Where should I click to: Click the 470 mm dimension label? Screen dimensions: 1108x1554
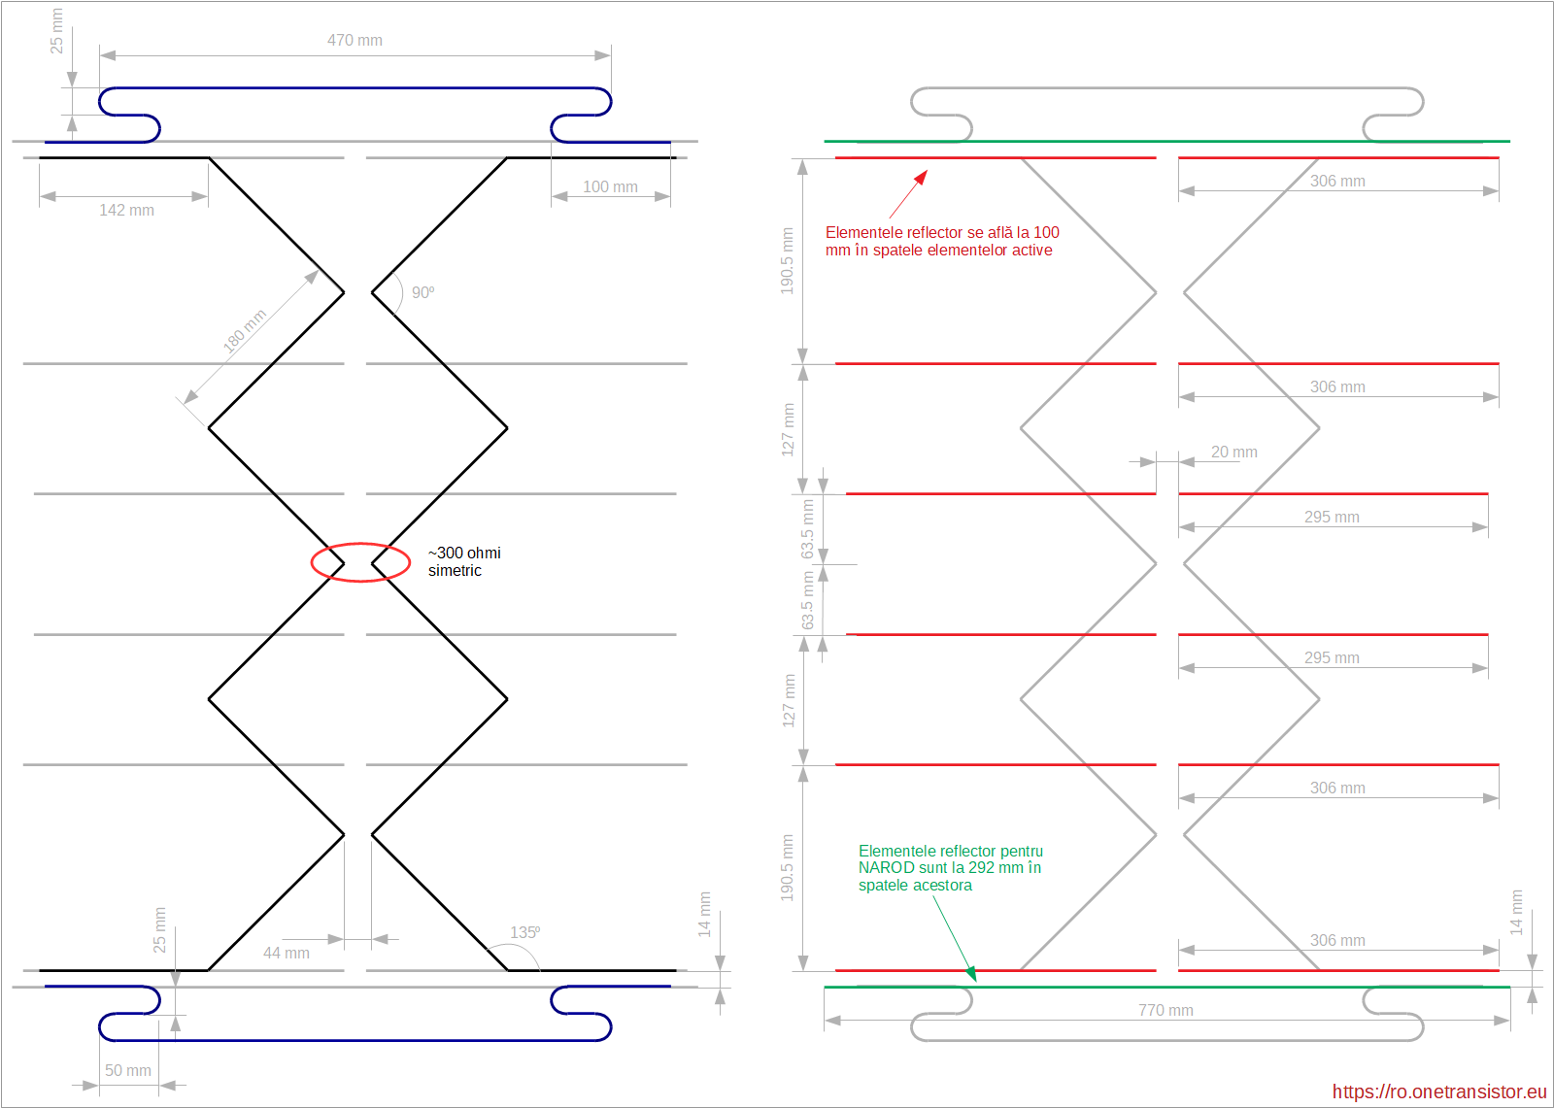355,40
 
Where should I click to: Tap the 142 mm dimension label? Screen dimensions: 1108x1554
126,210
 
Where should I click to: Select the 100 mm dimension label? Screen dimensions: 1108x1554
610,186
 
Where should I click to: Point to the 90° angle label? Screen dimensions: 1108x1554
422,292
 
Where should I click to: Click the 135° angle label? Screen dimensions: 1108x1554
524,932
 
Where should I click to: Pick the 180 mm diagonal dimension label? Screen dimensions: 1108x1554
245,330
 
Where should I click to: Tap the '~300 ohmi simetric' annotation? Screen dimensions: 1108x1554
464,561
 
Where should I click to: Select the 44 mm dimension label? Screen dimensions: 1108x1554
286,953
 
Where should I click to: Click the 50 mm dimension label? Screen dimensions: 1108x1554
128,1070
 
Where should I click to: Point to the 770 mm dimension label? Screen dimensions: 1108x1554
1165,1010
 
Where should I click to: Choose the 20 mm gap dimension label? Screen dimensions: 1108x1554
1233,452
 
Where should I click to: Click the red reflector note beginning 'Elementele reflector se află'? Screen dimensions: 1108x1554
941,241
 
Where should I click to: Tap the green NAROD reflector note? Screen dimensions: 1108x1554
950,868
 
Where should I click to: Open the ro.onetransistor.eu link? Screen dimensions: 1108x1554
1438,1091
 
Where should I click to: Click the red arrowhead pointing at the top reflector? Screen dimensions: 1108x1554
921,177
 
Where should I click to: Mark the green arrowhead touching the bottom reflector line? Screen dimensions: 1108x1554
970,973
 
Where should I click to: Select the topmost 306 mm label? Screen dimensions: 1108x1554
1336,181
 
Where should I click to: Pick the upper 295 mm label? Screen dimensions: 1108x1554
1331,517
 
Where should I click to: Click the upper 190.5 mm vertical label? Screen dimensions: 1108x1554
787,260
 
